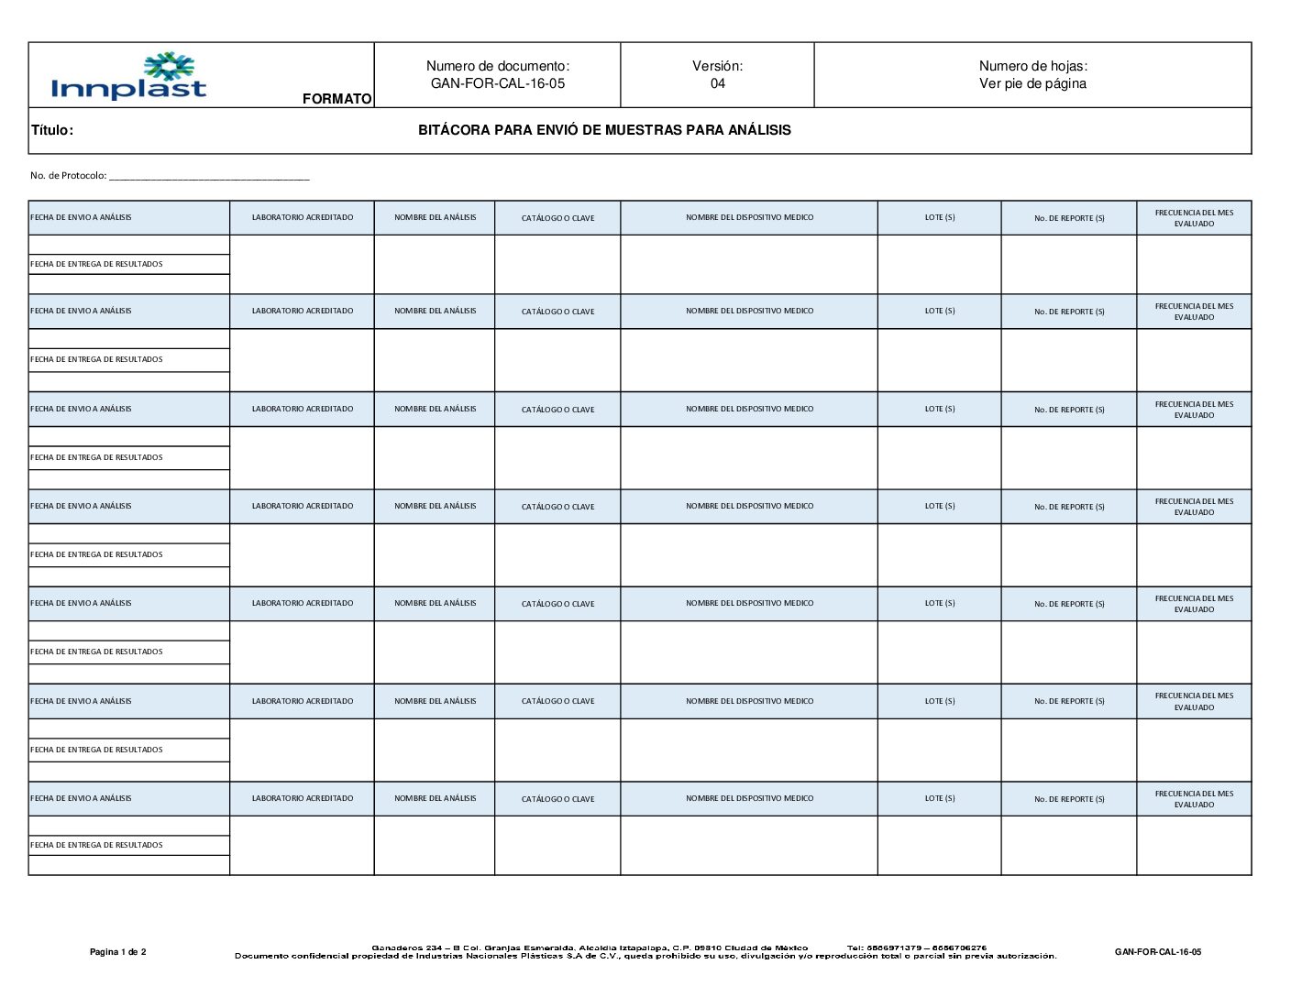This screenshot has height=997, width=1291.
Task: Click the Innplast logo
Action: click(x=129, y=76)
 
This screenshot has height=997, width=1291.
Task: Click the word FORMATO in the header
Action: click(x=337, y=99)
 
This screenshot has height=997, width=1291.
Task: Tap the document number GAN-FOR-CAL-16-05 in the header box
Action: click(x=498, y=83)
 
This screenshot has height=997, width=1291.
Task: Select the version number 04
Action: click(x=717, y=83)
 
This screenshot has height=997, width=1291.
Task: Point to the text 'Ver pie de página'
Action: click(x=1032, y=83)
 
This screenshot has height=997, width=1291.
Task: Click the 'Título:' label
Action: click(x=52, y=130)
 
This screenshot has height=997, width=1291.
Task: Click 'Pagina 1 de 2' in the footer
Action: click(x=117, y=952)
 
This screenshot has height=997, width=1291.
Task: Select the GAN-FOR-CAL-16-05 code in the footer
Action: click(x=1157, y=952)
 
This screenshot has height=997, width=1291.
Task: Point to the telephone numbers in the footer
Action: click(x=917, y=948)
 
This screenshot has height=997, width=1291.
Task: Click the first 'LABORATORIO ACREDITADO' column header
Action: click(x=303, y=217)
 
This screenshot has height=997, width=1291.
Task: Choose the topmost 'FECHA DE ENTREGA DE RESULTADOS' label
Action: click(x=96, y=264)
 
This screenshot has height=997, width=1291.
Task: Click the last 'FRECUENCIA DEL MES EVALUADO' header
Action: click(x=1194, y=799)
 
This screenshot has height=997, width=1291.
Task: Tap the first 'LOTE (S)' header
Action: click(x=940, y=217)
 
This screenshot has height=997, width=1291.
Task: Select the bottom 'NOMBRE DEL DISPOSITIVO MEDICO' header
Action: click(x=749, y=798)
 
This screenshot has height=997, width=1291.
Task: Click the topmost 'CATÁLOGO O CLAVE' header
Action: click(x=557, y=218)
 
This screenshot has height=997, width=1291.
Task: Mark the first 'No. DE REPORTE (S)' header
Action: click(x=1069, y=218)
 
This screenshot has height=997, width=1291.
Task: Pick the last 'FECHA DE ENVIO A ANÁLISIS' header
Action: click(x=81, y=798)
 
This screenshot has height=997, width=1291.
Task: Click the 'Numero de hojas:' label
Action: click(x=1032, y=66)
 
